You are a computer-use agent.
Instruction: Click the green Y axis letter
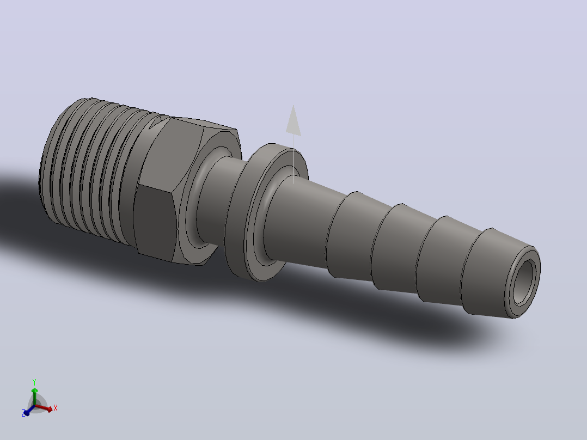tap(34, 382)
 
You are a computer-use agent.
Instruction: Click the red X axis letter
tap(56, 408)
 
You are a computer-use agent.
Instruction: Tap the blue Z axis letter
tap(23, 413)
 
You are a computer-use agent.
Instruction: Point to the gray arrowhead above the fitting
tap(293, 120)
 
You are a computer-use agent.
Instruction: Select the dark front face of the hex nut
tap(154, 222)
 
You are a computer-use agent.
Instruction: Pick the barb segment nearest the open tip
tap(487, 272)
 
